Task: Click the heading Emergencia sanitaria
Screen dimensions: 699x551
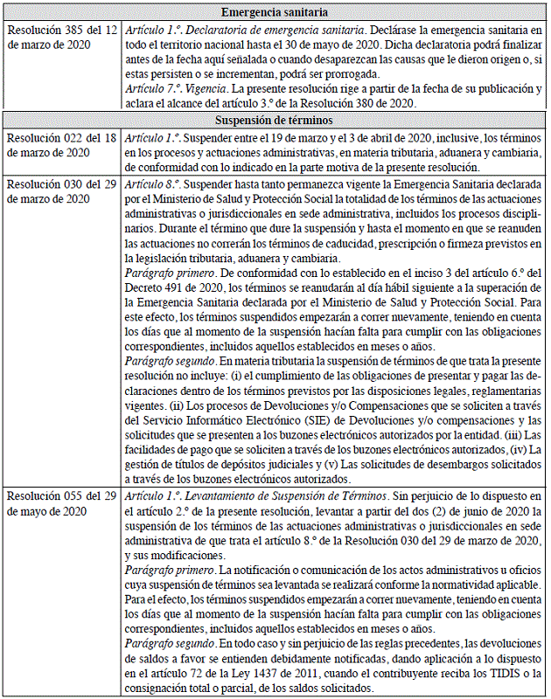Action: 275,12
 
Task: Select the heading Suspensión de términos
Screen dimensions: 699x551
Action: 275,120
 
